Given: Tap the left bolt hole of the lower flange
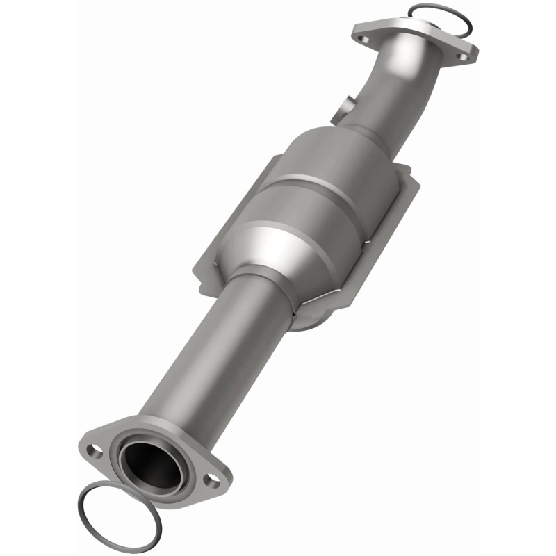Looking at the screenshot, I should (x=95, y=448).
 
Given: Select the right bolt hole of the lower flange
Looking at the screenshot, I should (x=208, y=479).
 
